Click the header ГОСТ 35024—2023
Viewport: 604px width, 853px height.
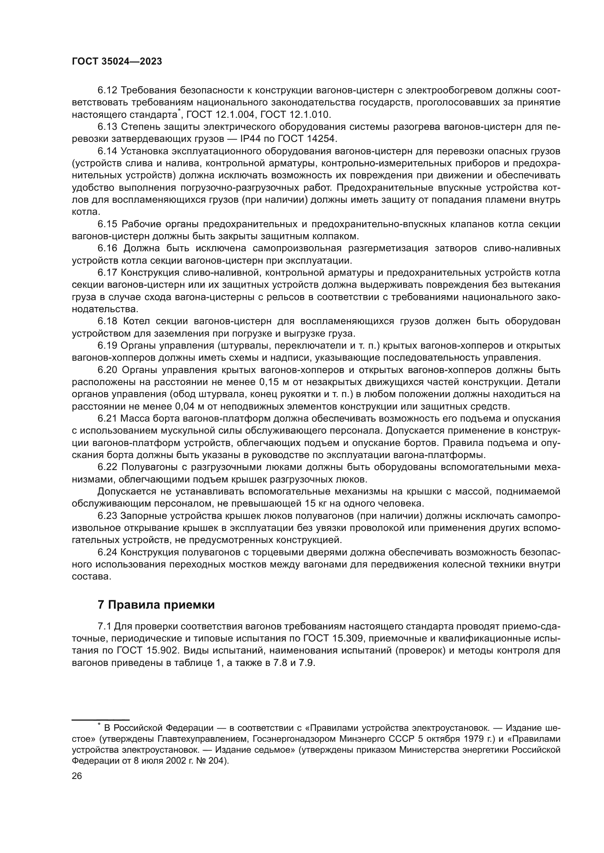(117, 62)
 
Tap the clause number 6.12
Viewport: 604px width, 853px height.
(107, 90)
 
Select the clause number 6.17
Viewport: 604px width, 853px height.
(107, 273)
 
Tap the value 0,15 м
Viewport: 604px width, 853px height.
(273, 382)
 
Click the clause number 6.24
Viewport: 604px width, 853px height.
(107, 552)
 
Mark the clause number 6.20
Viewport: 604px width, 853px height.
(107, 370)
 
